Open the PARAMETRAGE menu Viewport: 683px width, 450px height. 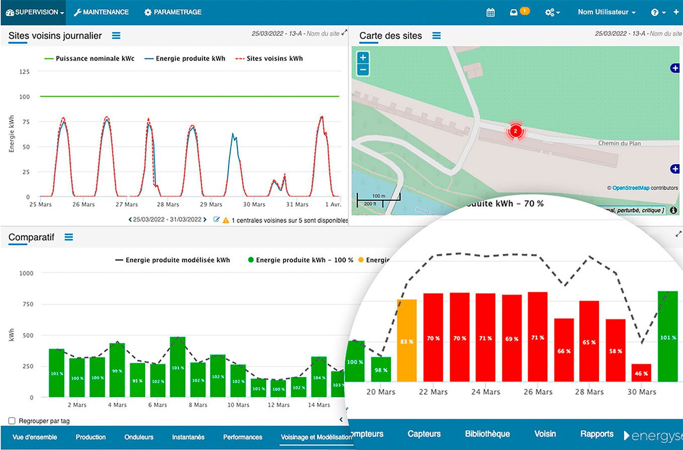[172, 12]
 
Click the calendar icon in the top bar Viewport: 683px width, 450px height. [491, 13]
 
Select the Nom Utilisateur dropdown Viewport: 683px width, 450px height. [607, 12]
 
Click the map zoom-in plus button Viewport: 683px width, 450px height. [363, 58]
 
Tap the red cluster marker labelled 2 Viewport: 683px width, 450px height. [515, 131]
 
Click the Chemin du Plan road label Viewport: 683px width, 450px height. [619, 143]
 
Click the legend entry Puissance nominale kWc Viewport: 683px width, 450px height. [89, 58]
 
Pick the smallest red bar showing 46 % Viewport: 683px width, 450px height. [641, 372]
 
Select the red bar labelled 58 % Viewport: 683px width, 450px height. [615, 350]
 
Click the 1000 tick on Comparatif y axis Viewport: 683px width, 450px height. [26, 273]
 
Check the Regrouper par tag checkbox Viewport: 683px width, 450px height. [12, 421]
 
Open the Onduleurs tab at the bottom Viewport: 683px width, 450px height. [139, 437]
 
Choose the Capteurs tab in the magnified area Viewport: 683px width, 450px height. [424, 434]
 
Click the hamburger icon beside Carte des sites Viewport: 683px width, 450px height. [436, 36]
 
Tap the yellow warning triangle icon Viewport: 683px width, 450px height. [226, 220]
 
